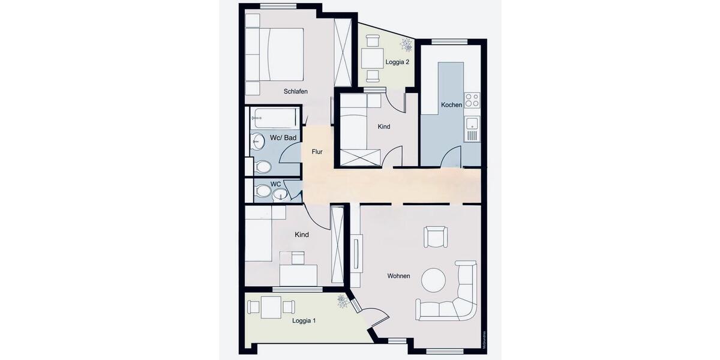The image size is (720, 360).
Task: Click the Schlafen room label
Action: coord(296,92)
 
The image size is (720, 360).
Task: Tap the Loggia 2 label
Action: coord(397,62)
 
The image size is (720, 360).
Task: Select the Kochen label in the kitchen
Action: coord(451,105)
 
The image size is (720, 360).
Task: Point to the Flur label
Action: coord(317,152)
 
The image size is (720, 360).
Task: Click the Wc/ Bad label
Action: coord(283,138)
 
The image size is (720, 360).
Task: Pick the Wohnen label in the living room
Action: coord(398,276)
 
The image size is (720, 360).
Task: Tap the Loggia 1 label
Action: coord(304,321)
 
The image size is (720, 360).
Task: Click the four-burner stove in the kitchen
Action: coord(472,100)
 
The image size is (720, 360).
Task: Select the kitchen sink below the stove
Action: coord(472,125)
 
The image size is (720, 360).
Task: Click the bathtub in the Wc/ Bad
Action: coord(275,118)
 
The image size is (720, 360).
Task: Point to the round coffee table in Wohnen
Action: coord(433,280)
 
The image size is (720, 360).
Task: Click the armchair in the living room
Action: coord(434,236)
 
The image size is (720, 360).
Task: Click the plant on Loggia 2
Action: coord(406,44)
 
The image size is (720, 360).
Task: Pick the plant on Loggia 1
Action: coord(342,301)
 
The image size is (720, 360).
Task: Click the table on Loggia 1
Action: coord(271,307)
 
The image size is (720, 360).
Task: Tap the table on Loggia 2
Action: coord(373,58)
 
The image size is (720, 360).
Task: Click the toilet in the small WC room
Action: coord(263,191)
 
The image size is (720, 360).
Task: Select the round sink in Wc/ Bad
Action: coord(258,142)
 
